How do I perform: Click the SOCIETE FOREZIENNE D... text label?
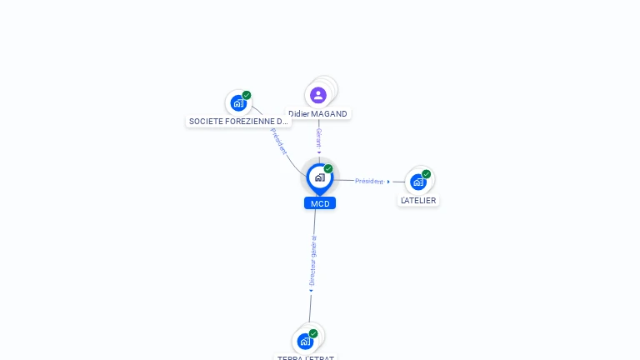point(238,122)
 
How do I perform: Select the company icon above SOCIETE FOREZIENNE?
point(238,104)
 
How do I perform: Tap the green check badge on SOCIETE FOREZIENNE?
point(247,95)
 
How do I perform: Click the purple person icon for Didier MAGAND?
point(318,95)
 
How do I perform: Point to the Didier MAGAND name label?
point(318,114)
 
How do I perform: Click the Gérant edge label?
point(318,137)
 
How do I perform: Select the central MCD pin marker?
point(319,177)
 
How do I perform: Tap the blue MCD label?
point(320,203)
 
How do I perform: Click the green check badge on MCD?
point(328,169)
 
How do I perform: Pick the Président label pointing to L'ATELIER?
point(368,181)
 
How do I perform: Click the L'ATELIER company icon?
point(418,182)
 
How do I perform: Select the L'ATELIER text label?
point(418,201)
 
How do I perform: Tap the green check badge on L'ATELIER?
point(427,174)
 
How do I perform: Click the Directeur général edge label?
point(312,260)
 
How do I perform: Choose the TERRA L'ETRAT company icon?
point(305,342)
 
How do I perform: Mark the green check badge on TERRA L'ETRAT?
point(313,333)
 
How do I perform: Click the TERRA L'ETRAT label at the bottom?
point(306,357)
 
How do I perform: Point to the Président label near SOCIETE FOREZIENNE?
point(278,141)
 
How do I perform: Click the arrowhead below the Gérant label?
point(318,152)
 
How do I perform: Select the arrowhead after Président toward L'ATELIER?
point(388,182)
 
